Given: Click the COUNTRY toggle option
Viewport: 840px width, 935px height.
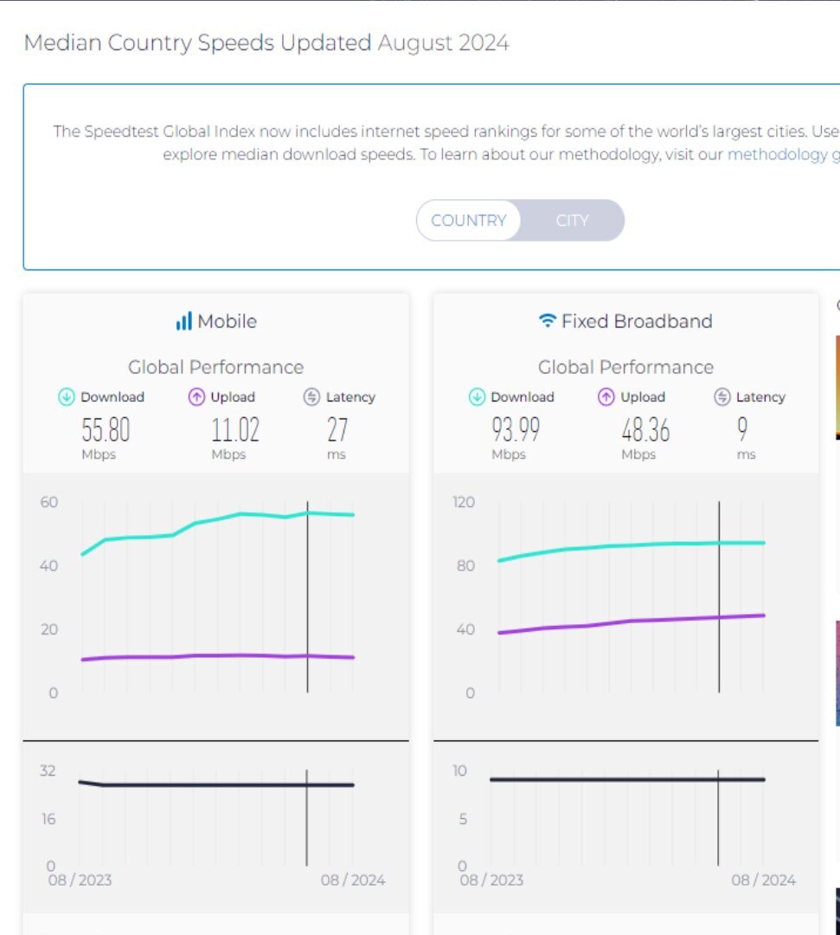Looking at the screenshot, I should [x=468, y=221].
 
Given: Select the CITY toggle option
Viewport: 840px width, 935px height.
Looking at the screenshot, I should [x=572, y=221].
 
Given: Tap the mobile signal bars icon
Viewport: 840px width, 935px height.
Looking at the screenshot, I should [x=183, y=322].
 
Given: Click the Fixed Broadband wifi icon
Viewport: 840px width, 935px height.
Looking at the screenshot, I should [x=547, y=321].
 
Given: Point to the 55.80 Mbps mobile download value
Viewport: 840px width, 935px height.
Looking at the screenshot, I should [x=106, y=429].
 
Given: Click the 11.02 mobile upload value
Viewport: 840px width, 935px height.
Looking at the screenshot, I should [x=234, y=429].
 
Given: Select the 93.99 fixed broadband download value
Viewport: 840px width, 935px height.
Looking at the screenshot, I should [x=516, y=429].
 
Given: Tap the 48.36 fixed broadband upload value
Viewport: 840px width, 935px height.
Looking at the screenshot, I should [x=644, y=429].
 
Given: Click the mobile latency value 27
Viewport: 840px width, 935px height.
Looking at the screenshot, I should [x=337, y=429].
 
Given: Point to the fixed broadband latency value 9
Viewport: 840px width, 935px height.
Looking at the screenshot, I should [x=742, y=429].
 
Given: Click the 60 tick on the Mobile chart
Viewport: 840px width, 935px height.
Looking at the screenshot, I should [x=48, y=502].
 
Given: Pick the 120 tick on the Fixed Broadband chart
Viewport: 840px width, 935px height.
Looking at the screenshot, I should [x=464, y=502].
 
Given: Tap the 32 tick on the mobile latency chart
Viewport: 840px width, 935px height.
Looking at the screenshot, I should [x=48, y=771].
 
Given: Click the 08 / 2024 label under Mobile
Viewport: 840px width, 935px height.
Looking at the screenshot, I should [x=353, y=880].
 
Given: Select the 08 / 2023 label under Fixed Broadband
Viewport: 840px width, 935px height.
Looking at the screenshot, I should [x=491, y=880].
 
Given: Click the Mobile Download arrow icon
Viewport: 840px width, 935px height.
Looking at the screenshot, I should [x=67, y=397].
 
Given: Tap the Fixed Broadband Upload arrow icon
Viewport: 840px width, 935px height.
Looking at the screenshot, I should [x=606, y=397].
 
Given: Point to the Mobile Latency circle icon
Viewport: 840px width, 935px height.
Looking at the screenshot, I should [x=312, y=397].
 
